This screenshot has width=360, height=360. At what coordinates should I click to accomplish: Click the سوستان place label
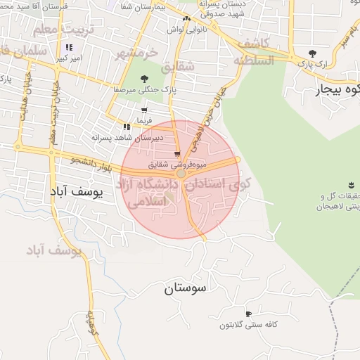(188, 288)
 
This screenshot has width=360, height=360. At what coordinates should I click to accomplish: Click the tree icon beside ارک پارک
(311, 53)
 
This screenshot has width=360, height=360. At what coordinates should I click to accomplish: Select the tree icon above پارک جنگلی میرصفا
(144, 79)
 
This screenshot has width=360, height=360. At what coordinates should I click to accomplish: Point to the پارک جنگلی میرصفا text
(144, 90)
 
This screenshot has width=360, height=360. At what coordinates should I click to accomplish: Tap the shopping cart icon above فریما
(144, 110)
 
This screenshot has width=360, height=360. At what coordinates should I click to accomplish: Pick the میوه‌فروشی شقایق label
(176, 164)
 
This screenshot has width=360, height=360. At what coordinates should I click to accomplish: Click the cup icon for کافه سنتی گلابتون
(247, 314)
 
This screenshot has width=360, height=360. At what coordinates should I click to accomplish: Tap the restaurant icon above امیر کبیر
(68, 48)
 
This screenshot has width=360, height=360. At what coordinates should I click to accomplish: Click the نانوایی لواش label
(181, 30)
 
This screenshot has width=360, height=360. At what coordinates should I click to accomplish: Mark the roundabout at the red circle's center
(181, 173)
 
